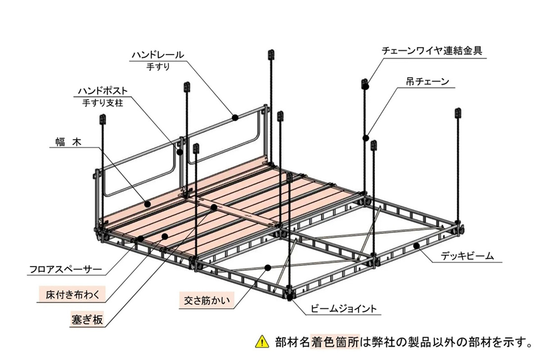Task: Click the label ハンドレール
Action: [157, 55]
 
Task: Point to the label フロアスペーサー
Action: [65, 271]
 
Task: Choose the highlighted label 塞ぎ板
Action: [87, 319]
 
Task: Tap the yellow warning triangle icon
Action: [261, 342]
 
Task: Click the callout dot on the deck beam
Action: [417, 246]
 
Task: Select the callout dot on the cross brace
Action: [268, 268]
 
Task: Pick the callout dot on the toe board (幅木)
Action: [147, 204]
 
